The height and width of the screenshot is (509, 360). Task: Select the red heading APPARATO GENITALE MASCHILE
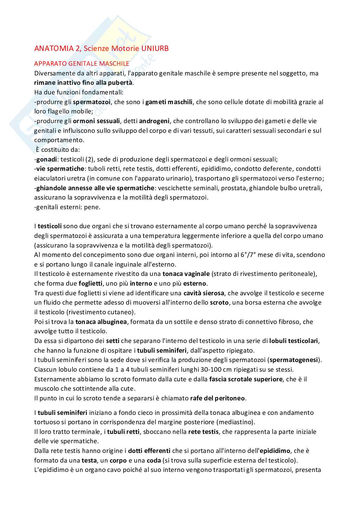(x=82, y=64)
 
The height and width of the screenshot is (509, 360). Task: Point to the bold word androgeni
(x=154, y=121)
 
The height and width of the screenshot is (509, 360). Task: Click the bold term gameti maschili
(x=169, y=102)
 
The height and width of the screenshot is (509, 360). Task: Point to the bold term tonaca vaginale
(x=186, y=274)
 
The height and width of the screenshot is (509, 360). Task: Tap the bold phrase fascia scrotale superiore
(x=246, y=379)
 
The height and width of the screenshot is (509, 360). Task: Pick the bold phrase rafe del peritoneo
(x=217, y=398)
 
